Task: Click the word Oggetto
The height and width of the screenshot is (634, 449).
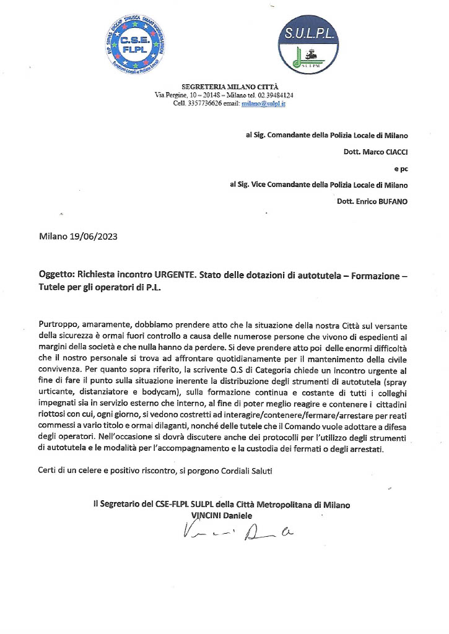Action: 56,274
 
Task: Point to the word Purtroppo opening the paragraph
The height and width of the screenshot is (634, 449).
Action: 59,325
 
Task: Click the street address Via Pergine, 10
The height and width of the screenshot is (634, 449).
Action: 180,95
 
